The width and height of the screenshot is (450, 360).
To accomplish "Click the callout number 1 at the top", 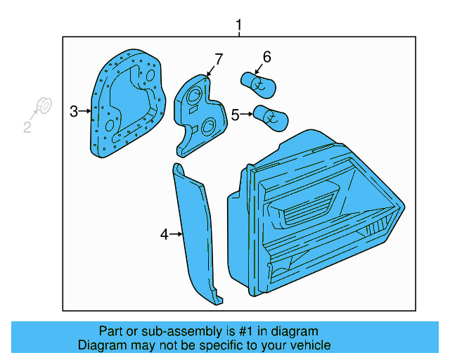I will pos(238,26).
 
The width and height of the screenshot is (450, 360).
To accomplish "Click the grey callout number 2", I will pos(27,127).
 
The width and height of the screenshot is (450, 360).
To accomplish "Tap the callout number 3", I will pos(74,110).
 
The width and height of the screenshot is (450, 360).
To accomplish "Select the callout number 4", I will pos(164,234).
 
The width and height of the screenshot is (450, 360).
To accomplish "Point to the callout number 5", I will pos(235,113).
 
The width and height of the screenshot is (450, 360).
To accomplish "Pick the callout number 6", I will pos(266,57).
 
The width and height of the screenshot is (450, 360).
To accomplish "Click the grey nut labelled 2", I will pos(42,107).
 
